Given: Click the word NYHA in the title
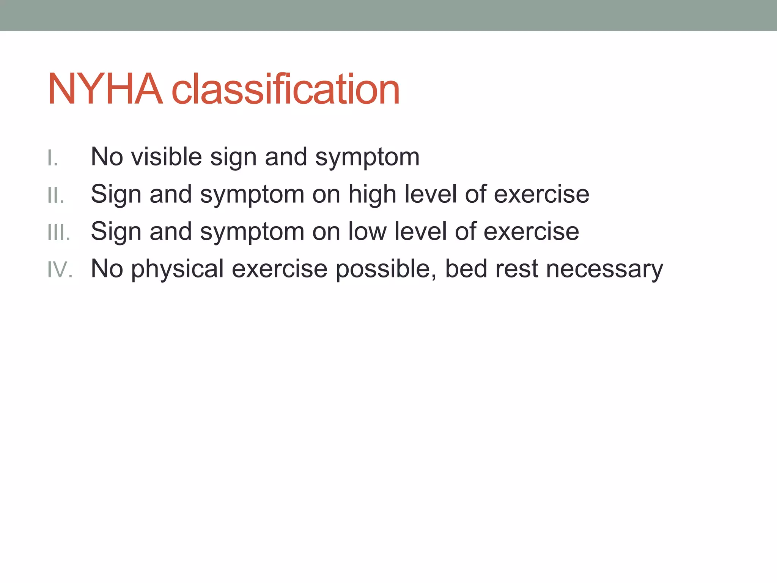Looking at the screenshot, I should pyautogui.click(x=105, y=89).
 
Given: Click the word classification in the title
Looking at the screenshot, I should pyautogui.click(x=286, y=89).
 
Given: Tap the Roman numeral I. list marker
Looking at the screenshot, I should pyautogui.click(x=53, y=158).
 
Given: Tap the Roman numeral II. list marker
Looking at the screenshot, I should pyautogui.click(x=56, y=195).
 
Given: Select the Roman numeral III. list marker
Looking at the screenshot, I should pyautogui.click(x=59, y=232).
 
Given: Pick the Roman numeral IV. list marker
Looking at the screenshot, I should pyautogui.click(x=60, y=269).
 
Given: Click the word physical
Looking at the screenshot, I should pyautogui.click(x=177, y=269).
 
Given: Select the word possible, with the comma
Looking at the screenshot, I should pyautogui.click(x=386, y=269).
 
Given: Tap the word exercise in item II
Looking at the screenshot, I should pyautogui.click(x=541, y=194).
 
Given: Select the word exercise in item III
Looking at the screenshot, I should pyautogui.click(x=531, y=231).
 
